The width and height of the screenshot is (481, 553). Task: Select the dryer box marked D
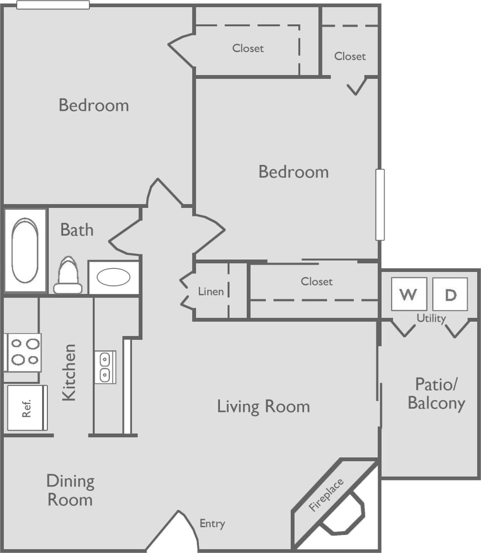pos(450,294)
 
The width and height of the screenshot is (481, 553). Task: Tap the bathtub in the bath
pos(25,250)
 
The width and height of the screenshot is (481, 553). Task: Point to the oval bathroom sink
pos(113,277)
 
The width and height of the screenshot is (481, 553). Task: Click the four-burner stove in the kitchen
pos(22,352)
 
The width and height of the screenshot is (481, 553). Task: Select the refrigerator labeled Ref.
pos(27,408)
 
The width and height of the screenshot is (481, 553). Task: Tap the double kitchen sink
pos(105,367)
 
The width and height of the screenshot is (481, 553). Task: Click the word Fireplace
pos(326,495)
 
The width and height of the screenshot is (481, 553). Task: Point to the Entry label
pos(212,523)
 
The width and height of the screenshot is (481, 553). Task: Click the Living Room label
pos(263,407)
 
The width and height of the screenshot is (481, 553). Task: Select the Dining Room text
pos(70,490)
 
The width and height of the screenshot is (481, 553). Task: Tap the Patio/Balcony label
pos(436,394)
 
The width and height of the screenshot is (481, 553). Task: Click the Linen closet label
pos(211,291)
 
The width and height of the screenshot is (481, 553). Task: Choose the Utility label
pos(431,318)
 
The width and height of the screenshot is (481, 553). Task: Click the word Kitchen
pos(69,372)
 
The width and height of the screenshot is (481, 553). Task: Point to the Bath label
pos(77,230)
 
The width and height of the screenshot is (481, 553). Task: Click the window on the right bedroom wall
pos(380,205)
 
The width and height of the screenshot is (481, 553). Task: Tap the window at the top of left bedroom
pos(53,5)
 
